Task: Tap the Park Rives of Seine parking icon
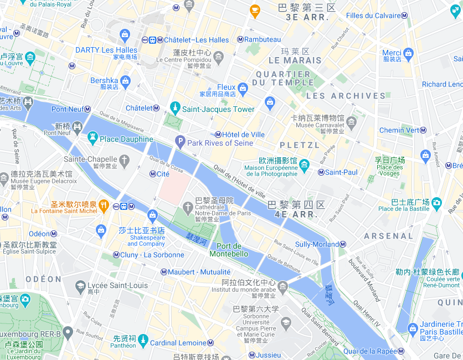tap(179, 142)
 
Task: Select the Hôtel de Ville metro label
tap(244, 135)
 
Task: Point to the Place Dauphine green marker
tap(92, 138)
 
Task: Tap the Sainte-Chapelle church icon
tap(125, 161)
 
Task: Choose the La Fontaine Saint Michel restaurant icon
tap(104, 207)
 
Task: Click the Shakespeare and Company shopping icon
tap(152, 215)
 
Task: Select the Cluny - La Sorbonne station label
tap(152, 255)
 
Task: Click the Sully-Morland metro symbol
tap(343, 244)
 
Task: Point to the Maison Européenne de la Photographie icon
tap(304, 163)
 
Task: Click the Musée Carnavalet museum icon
tap(351, 121)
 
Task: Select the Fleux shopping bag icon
tap(243, 88)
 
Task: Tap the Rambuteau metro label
tap(263, 39)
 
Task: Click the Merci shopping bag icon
tap(408, 54)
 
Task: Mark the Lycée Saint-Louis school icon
tap(81, 286)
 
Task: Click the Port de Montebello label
tap(229, 250)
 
